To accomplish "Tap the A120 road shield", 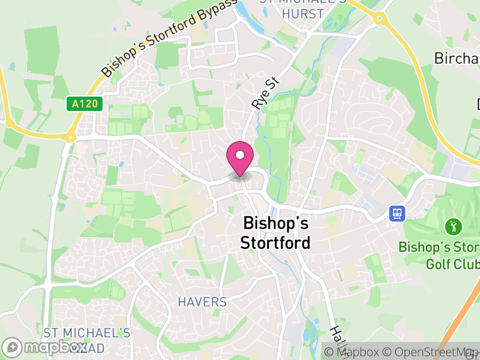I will (x=85, y=104).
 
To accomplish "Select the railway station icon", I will (x=397, y=213).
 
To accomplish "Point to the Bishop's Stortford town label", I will (x=275, y=233).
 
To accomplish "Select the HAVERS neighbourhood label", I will (x=202, y=302).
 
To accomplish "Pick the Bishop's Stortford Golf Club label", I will (x=439, y=256).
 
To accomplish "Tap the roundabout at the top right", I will (x=379, y=19).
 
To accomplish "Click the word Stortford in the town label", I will (x=275, y=243).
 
